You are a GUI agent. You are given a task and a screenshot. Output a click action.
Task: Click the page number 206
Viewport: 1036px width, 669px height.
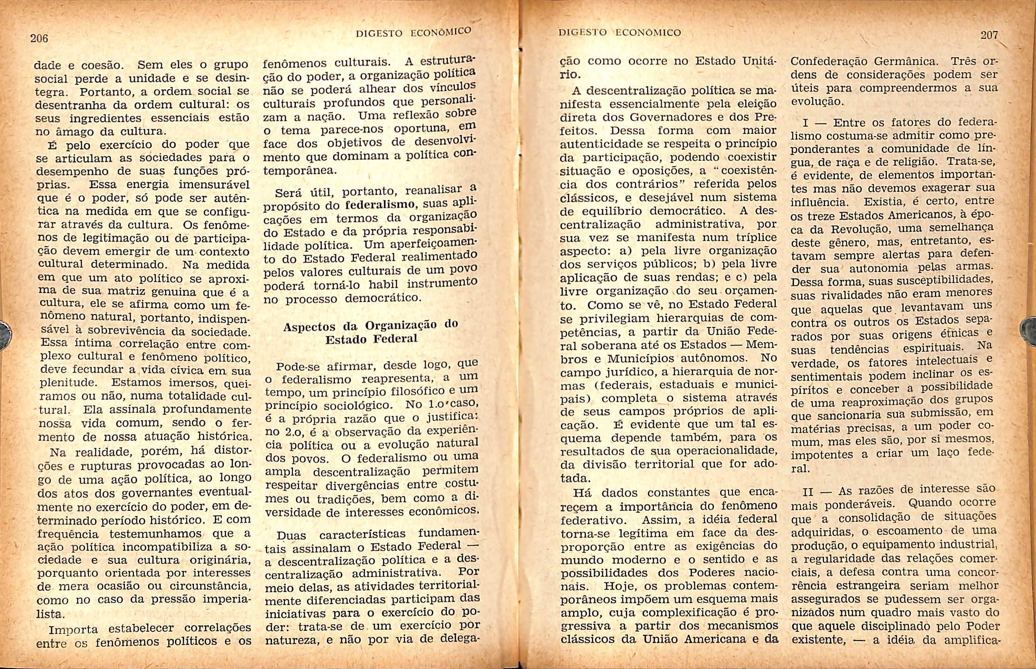39,38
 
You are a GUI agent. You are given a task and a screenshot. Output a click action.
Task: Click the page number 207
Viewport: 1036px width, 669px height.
989,35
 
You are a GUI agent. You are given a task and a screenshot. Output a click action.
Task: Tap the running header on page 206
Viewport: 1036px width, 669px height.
413,32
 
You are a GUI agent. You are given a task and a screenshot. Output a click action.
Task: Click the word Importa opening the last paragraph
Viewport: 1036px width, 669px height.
73,630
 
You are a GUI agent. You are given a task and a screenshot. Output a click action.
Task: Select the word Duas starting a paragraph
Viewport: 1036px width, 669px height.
291,535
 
